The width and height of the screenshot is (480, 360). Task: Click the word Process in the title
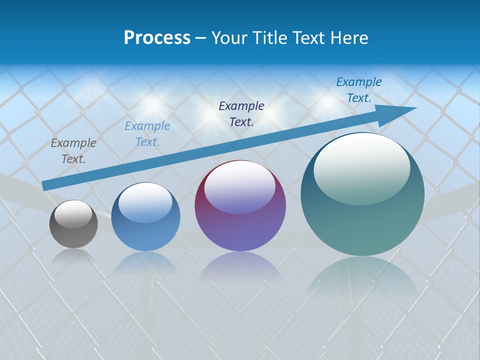tap(157, 38)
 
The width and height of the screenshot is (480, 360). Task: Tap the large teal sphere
tap(362, 225)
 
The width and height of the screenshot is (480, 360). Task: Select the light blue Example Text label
tap(147, 134)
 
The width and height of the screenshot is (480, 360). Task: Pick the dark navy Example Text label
tap(241, 113)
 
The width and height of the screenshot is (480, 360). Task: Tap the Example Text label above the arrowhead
tap(359, 90)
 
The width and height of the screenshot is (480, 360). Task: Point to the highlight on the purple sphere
tap(240, 186)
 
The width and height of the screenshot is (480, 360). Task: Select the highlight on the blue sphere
tap(145, 202)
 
